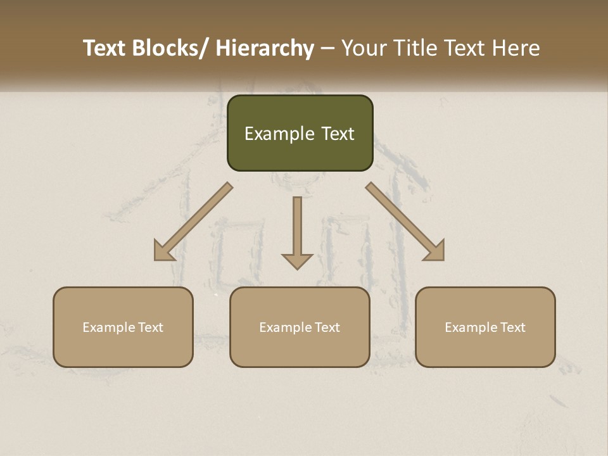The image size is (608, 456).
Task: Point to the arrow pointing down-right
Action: pyautogui.click(x=406, y=222)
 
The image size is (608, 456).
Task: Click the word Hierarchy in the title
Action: pyautogui.click(x=265, y=49)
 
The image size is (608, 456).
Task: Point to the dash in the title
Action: pyautogui.click(x=327, y=49)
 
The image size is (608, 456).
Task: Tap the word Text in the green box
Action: pyautogui.click(x=337, y=134)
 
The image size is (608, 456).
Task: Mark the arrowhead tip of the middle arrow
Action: pyautogui.click(x=297, y=269)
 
